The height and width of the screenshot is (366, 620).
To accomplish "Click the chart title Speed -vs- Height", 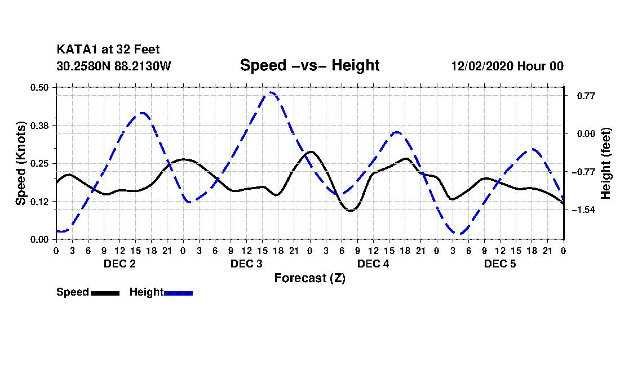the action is (309, 65).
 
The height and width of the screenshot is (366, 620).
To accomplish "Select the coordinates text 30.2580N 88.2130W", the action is (114, 66).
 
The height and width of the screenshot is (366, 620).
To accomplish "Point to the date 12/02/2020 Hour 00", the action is (507, 66).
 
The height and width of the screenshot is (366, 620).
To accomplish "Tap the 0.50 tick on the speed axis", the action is (39, 87).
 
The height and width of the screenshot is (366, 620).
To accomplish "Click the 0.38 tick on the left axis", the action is (39, 126).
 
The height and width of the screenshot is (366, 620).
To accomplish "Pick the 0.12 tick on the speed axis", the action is (39, 202).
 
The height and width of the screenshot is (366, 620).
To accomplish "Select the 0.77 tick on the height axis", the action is (586, 96).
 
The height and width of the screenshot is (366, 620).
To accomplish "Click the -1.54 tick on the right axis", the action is (583, 210).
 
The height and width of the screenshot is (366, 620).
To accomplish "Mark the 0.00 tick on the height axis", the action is (586, 134).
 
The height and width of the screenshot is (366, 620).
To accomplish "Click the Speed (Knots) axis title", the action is (20, 163).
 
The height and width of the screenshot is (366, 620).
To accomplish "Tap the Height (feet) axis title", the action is (605, 163).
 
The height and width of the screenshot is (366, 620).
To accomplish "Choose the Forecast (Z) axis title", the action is (309, 278).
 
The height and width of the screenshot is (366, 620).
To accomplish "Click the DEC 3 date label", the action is (246, 264).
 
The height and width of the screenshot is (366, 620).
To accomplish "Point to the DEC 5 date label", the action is (500, 264).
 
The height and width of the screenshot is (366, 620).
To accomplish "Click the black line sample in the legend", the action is (105, 293).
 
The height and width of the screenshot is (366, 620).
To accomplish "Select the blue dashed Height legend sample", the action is (178, 293).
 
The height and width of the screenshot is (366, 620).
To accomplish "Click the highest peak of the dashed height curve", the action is (271, 92).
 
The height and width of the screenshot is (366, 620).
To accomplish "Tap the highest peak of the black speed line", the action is (311, 151).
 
